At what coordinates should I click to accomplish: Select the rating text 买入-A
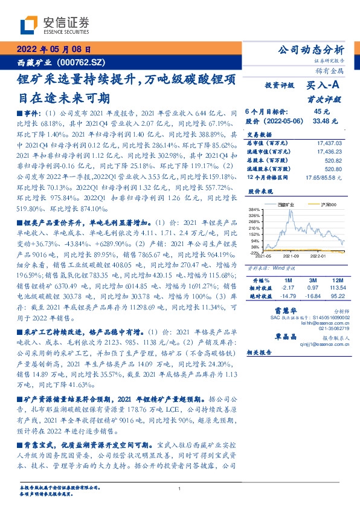323,86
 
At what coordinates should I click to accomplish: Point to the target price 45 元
321,111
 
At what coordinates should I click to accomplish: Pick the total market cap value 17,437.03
329,142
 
